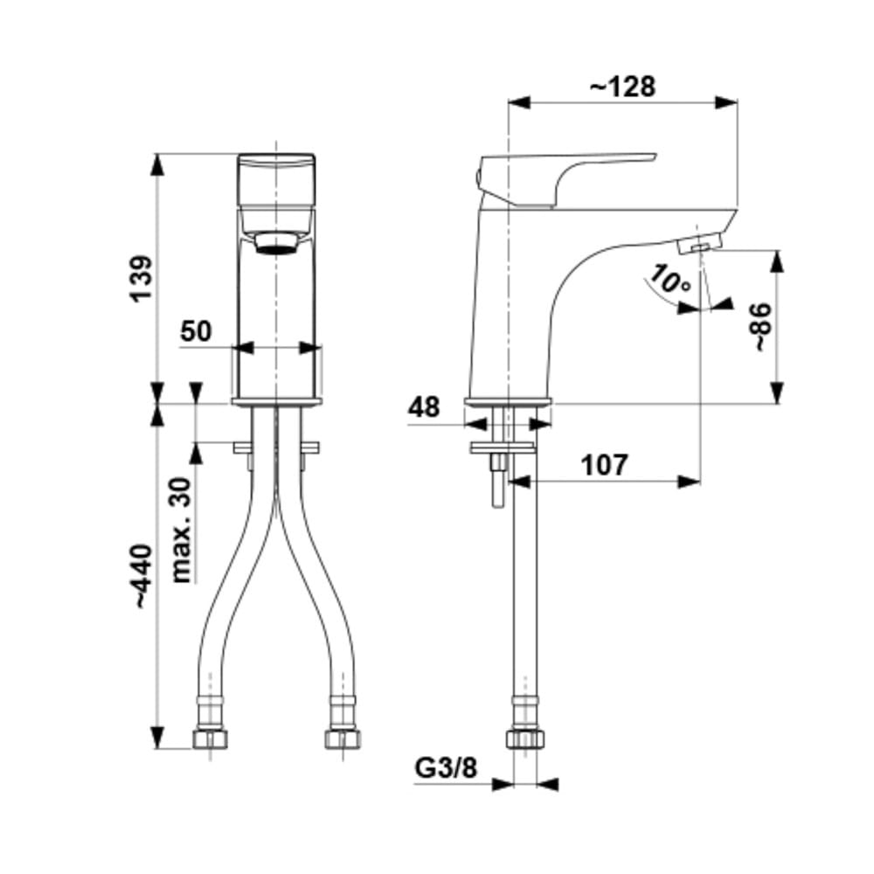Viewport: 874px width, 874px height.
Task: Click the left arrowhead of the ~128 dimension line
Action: (519, 102)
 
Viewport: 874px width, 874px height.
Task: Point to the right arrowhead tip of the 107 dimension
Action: (699, 482)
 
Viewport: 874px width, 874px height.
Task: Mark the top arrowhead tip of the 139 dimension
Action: (159, 154)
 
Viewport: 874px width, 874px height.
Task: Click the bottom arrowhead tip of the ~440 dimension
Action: (159, 749)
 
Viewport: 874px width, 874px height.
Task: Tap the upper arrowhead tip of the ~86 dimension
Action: (778, 250)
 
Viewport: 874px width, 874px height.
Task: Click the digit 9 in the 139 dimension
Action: (141, 266)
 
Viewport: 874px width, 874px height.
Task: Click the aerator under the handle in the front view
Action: (276, 243)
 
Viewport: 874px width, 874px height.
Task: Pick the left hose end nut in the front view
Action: (211, 739)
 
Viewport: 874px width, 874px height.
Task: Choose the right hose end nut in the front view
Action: (343, 739)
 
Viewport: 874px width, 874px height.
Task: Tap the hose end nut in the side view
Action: (525, 739)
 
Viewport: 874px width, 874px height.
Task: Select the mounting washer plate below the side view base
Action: (502, 447)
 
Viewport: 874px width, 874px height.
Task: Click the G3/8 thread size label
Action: (446, 767)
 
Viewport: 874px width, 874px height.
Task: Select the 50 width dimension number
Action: (196, 331)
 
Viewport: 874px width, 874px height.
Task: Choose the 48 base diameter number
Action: (424, 407)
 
